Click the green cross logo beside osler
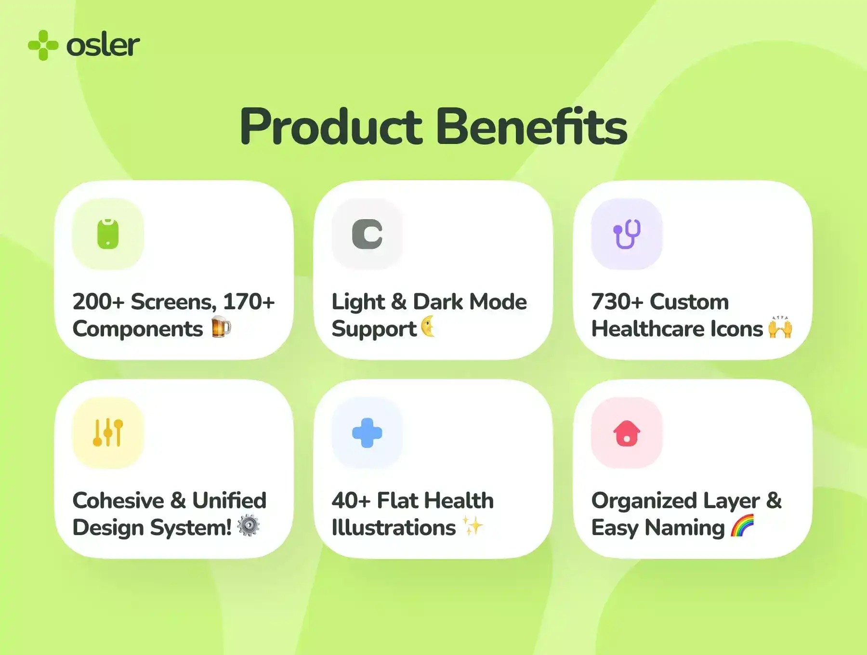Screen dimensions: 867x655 click(43, 45)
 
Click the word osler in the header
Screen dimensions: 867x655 click(103, 45)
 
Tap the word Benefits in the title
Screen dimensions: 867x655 click(531, 126)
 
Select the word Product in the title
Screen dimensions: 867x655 click(331, 127)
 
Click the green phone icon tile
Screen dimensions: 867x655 click(108, 234)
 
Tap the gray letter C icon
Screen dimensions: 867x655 click(367, 235)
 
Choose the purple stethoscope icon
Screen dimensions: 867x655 click(627, 234)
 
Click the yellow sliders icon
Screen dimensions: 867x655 click(108, 432)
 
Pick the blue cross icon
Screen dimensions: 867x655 click(367, 432)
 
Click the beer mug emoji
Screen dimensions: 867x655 click(221, 327)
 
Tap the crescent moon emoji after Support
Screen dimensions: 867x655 click(428, 327)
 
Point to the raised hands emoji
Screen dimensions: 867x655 click(780, 327)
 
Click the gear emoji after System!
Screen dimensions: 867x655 click(249, 525)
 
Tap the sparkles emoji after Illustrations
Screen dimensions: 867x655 click(473, 525)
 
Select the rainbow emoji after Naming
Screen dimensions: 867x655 click(742, 525)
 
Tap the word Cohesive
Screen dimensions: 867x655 click(118, 501)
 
